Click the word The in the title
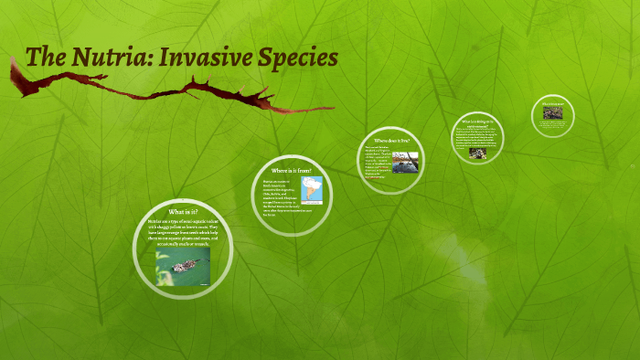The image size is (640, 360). click(46, 57)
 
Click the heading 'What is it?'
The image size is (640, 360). click(183, 212)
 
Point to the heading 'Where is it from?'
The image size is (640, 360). click(292, 170)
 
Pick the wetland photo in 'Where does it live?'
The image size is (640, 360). click(405, 162)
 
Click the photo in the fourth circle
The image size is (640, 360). click(479, 153)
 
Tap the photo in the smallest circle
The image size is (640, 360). click(552, 114)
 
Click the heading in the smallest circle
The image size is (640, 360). click(552, 105)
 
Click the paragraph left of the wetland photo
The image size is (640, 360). click(378, 163)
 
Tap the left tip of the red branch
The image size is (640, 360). click(12, 60)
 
